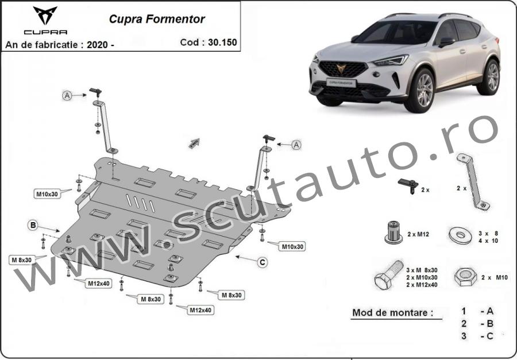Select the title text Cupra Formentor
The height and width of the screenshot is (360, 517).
coord(157,19)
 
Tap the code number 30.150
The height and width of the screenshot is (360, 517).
coord(222,42)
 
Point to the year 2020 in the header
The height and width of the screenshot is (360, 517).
coord(97,45)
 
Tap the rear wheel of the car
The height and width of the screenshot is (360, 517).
coord(489,77)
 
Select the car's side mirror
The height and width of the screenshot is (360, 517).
coord(446,42)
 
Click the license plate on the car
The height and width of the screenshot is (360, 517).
coord(341,82)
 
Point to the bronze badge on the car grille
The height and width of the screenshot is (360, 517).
coord(341,68)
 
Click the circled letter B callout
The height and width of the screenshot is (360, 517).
coord(33,226)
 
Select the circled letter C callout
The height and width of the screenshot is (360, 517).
coord(263,262)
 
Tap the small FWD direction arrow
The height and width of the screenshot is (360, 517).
coord(194,144)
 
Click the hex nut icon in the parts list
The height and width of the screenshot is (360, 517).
coord(465,277)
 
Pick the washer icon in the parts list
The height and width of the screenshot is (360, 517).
coord(460,236)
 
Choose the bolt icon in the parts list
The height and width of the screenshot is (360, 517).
coord(389,275)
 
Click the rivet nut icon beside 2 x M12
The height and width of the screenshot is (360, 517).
coord(393,233)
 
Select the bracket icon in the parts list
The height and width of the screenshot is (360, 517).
coord(473,182)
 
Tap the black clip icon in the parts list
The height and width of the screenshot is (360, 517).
coord(408,186)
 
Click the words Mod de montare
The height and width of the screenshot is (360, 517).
coord(393,312)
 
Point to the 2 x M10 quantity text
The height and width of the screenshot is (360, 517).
coord(495,277)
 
